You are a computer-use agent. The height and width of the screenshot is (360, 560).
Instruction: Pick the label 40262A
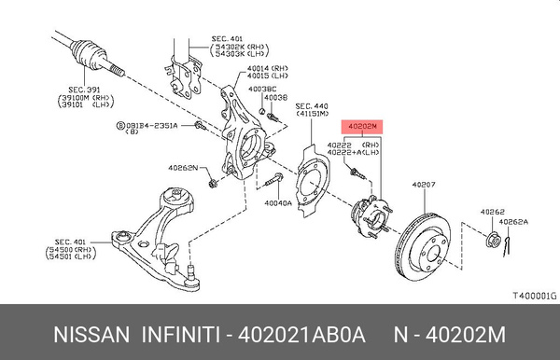(x=512, y=222)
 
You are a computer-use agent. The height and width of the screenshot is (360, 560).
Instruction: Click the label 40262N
(x=182, y=168)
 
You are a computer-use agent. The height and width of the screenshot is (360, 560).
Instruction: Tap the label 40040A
(x=277, y=201)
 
